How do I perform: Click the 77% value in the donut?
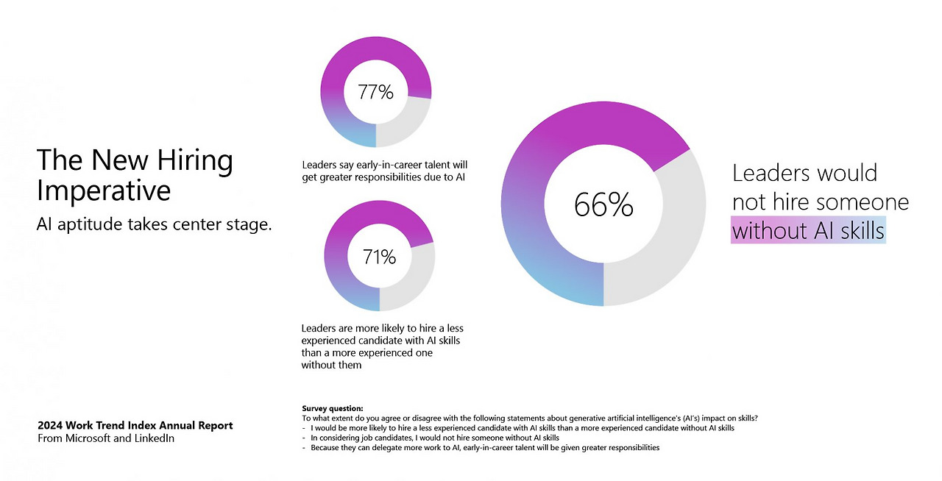tap(376, 92)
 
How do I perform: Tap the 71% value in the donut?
tap(379, 257)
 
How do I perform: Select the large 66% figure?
tap(603, 205)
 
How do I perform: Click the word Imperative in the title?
tap(104, 191)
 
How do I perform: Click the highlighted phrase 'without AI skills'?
tap(808, 231)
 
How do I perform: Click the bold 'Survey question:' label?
tap(333, 408)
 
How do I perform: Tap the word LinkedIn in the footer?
tap(154, 438)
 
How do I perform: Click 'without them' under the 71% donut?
tap(331, 365)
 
